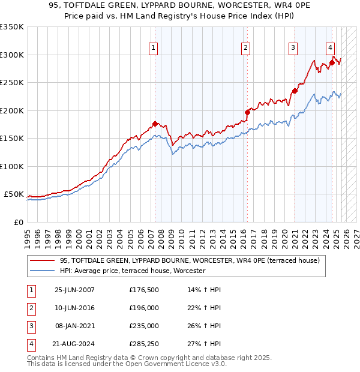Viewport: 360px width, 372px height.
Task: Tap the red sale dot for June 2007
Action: point(155,124)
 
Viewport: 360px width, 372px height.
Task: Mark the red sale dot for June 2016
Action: point(247,112)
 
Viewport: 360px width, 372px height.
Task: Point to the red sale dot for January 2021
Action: point(295,91)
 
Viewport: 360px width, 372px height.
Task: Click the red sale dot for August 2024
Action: point(332,62)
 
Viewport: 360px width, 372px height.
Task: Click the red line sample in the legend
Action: point(42,260)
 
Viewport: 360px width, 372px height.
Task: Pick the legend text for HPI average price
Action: point(133,271)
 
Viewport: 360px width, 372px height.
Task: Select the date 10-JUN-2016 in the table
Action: point(74,308)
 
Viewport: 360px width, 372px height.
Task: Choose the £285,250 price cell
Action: point(143,344)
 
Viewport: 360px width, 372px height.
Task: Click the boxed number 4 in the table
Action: point(31,344)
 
